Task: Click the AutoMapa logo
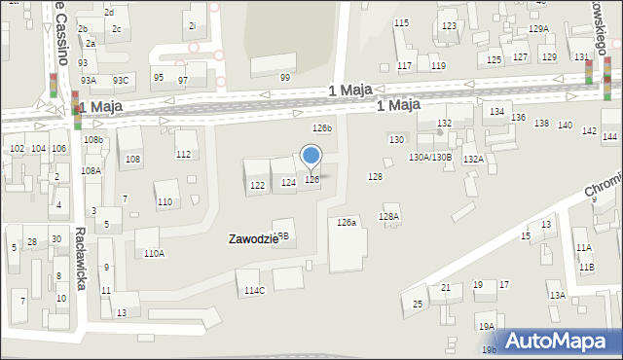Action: click(x=562, y=341)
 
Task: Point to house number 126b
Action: click(x=321, y=128)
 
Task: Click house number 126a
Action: click(x=347, y=223)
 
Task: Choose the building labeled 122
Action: click(x=257, y=185)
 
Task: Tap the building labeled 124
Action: click(x=288, y=183)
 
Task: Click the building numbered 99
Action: click(x=285, y=78)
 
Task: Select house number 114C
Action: click(x=254, y=290)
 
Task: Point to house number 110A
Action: click(x=154, y=253)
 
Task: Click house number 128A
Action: click(x=389, y=216)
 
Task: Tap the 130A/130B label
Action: click(x=429, y=157)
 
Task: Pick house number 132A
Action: click(x=473, y=159)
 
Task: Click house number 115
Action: click(x=401, y=22)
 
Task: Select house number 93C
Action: click(x=120, y=80)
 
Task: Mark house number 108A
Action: click(x=91, y=170)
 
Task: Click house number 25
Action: click(x=418, y=304)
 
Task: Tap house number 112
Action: click(x=183, y=155)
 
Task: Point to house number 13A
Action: click(x=556, y=295)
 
